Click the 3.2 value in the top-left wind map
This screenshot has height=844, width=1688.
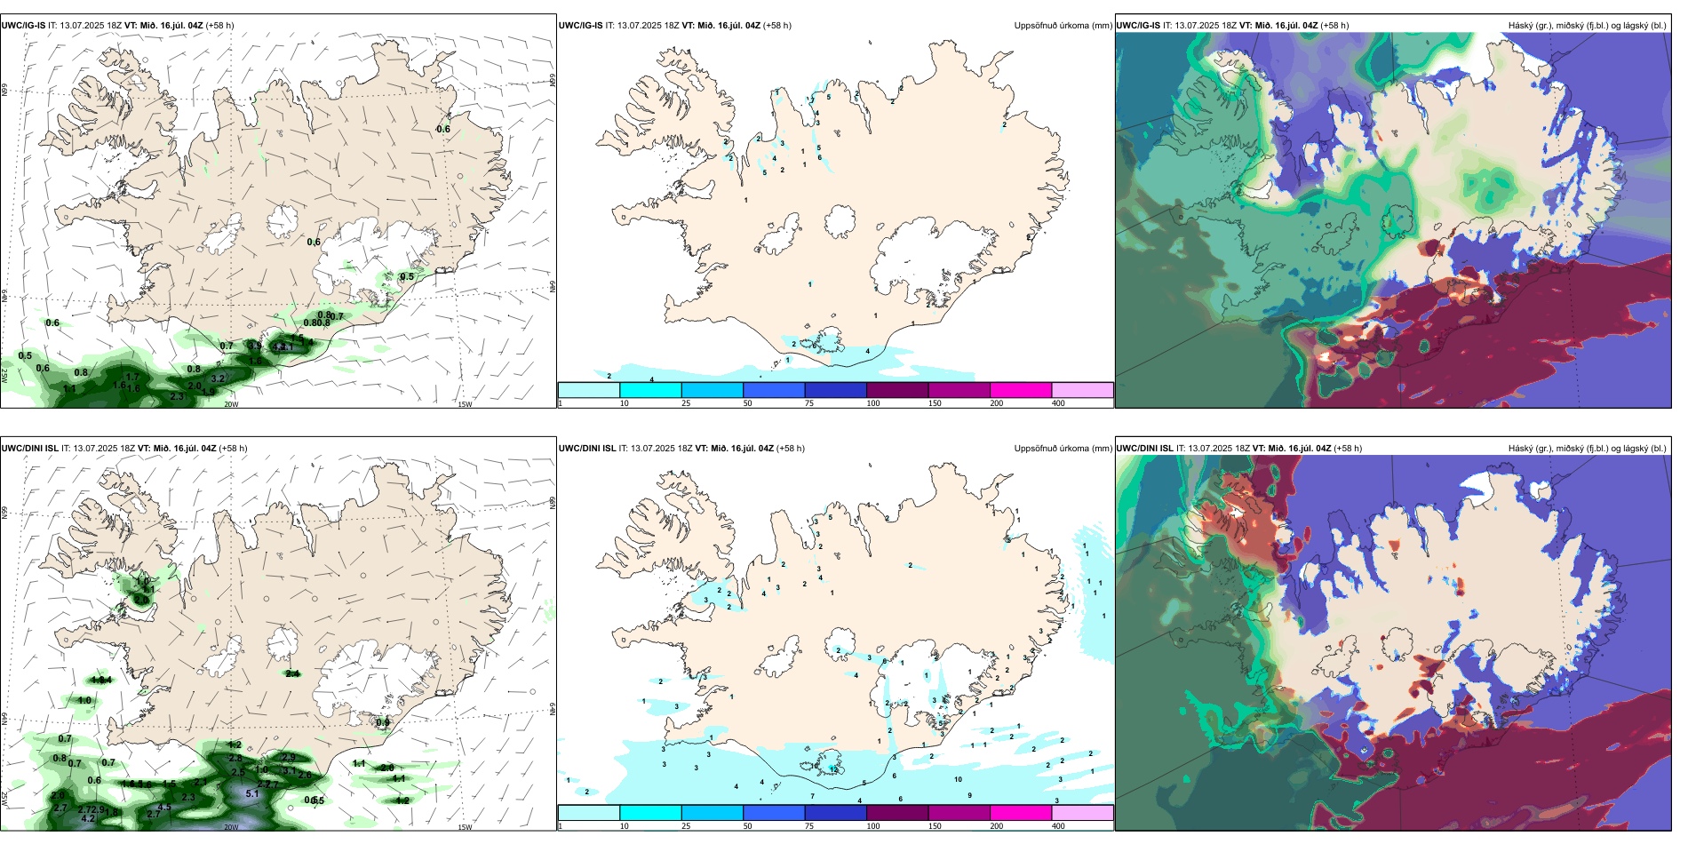coord(218,378)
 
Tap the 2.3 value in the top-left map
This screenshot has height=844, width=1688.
coord(177,396)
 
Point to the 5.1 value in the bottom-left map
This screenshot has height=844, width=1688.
coord(251,794)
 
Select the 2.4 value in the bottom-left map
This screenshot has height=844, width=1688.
coord(292,673)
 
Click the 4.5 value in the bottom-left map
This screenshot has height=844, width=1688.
coord(164,807)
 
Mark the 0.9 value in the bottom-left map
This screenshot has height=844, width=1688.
coord(382,722)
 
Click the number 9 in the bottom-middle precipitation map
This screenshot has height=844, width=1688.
coord(969,795)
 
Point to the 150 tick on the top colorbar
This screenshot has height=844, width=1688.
coord(935,403)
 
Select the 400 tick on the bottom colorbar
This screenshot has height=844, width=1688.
coord(1058,826)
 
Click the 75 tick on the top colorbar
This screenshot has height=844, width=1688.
coord(809,403)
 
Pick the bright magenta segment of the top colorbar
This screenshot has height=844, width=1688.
coord(1020,389)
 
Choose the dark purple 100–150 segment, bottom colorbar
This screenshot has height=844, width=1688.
coord(896,812)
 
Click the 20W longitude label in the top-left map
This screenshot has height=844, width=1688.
coord(231,404)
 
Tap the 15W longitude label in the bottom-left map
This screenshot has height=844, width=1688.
coord(464,827)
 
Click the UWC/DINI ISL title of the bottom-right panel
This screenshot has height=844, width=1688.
coord(1144,449)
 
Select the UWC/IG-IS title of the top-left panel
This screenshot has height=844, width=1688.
coord(23,26)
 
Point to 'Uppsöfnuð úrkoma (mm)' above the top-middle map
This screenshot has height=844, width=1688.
coord(1063,26)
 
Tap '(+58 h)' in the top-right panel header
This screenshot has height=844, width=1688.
coord(1334,26)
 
